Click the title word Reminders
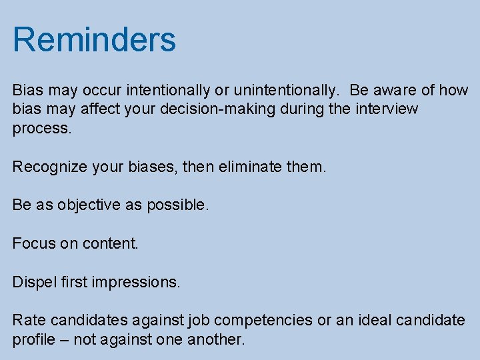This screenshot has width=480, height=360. point(94,39)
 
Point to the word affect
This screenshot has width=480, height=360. point(99,109)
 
